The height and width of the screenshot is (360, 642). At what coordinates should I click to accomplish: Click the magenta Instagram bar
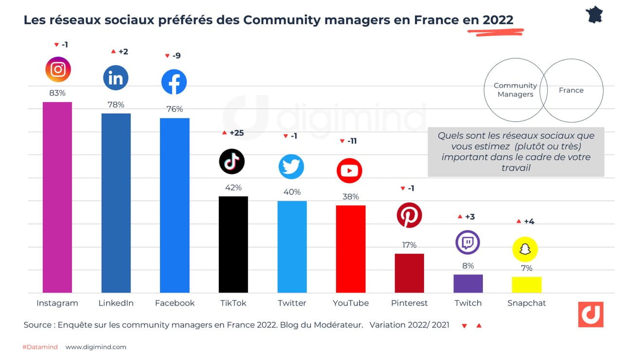point(57,197)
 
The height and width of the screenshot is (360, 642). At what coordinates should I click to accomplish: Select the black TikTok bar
point(233,244)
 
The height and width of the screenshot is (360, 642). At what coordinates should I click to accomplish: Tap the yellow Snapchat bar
point(527,285)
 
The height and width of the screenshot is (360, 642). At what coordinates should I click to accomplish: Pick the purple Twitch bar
point(468,284)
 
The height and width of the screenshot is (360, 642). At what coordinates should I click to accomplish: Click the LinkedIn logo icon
point(116,78)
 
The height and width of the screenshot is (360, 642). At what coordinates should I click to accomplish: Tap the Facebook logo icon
point(174,82)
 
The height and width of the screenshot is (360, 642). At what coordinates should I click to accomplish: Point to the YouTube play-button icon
point(349,171)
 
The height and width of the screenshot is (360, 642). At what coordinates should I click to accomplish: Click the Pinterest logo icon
point(409,215)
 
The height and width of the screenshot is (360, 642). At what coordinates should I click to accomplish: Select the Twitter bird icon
point(291,166)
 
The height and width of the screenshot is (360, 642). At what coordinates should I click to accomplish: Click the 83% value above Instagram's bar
point(57,93)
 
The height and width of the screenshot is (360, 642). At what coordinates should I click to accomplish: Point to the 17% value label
point(409,245)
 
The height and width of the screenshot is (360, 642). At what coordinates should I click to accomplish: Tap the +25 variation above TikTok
point(236,133)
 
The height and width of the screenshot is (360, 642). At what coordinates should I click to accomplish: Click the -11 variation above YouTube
point(352,141)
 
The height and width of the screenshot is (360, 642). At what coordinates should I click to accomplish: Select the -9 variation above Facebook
point(176,56)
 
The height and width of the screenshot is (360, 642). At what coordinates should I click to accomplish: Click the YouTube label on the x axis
point(350,303)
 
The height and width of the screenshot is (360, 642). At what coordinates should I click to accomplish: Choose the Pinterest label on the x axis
point(409,303)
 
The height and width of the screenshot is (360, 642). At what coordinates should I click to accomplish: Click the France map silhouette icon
point(594,15)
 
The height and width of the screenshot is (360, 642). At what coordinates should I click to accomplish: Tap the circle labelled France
point(576,90)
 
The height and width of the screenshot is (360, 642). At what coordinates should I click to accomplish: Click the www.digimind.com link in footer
point(96,347)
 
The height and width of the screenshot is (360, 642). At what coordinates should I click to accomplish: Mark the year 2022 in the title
point(498,20)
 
